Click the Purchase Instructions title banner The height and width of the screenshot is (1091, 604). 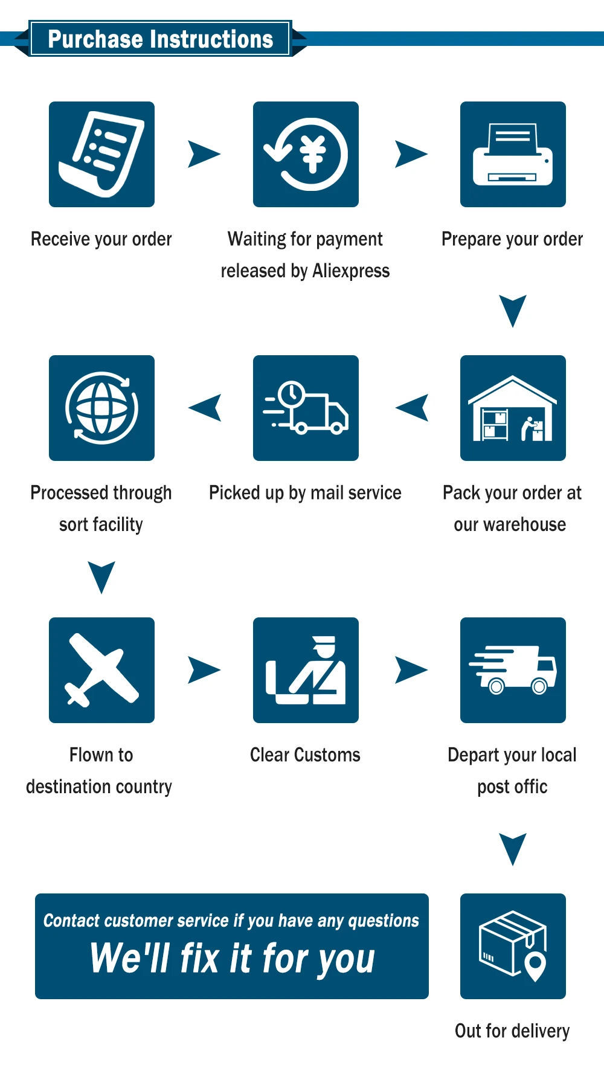pos(160,39)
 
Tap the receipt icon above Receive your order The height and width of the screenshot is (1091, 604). pos(101,154)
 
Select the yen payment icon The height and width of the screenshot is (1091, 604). pos(306,154)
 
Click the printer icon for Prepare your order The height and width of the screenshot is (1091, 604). pos(513,154)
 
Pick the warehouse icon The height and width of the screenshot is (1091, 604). pos(513,408)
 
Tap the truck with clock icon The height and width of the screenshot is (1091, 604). pos(306,408)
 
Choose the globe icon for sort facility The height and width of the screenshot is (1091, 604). pos(101,408)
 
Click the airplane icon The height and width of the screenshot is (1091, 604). pos(101,670)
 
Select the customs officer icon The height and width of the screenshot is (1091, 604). pos(306,670)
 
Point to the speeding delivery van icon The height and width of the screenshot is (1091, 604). pos(513,670)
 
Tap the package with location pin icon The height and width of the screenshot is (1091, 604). pos(513,946)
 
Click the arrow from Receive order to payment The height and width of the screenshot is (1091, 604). pos(204,154)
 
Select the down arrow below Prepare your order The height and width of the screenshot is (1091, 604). pos(513,310)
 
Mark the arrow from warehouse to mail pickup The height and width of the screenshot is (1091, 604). pos(413,408)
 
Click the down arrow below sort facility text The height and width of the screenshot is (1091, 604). pos(101,576)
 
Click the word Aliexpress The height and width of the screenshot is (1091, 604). pos(351,271)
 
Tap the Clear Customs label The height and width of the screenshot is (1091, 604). pos(305,755)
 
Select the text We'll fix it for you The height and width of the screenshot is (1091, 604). pos(233,959)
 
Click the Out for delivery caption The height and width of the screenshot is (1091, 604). pos(512,1031)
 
